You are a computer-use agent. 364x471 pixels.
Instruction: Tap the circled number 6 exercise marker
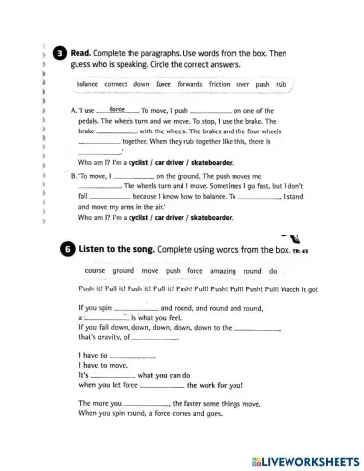[x=61, y=250]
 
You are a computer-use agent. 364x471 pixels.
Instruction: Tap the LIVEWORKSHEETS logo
[x=299, y=459]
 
